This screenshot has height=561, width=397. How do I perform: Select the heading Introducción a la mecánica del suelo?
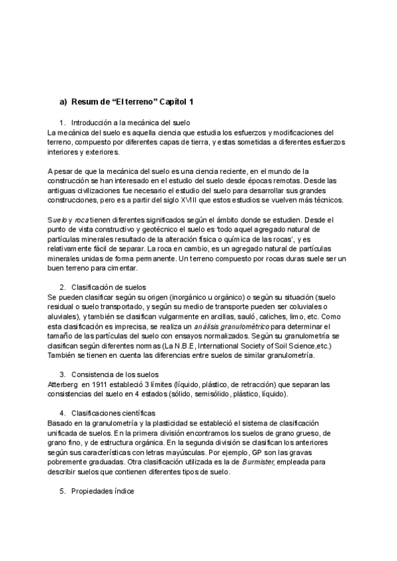click(130, 122)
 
